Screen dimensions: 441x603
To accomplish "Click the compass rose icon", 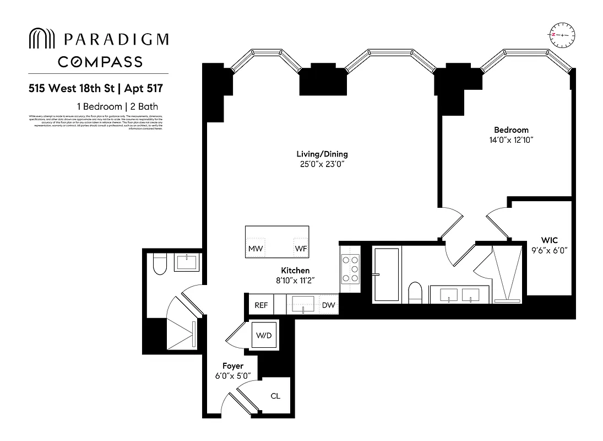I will click(561, 34).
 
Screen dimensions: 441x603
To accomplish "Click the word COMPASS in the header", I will click(100, 61).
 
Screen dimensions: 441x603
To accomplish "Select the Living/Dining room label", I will click(322, 154).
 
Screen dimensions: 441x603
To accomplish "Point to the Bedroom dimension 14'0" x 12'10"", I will click(510, 140).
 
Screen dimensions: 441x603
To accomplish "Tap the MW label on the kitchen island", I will click(255, 249).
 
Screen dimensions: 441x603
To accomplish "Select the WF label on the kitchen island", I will click(301, 249).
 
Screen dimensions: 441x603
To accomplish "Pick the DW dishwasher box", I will click(328, 305).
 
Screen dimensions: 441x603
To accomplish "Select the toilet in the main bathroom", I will click(415, 292).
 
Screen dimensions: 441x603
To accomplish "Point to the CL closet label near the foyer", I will click(275, 395).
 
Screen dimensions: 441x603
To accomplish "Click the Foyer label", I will click(232, 366).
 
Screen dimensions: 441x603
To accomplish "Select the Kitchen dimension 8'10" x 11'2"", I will click(295, 281).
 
